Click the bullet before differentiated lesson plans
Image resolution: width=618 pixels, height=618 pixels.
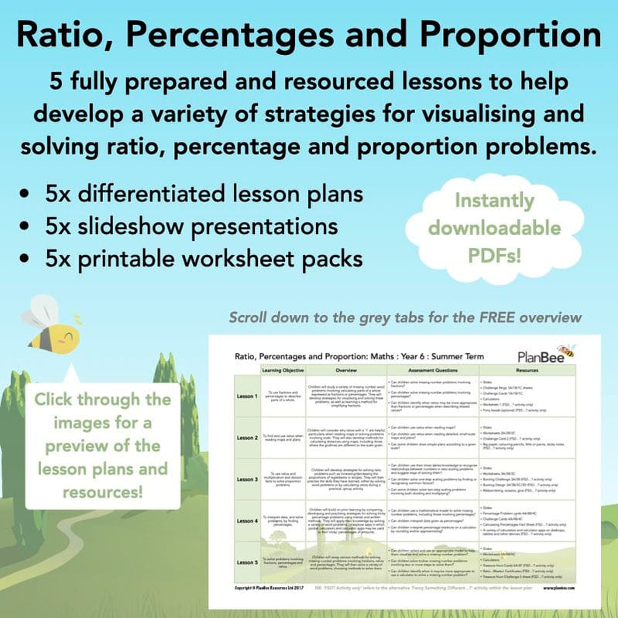(x=29, y=194)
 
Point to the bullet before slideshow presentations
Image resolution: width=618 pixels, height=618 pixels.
(x=29, y=226)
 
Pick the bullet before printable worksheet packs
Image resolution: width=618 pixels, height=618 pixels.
(x=29, y=257)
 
